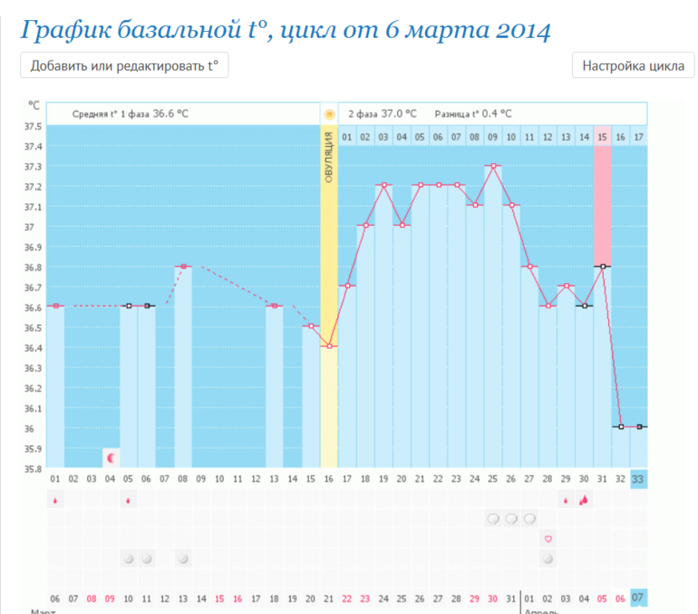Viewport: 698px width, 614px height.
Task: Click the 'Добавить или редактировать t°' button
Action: click(x=124, y=66)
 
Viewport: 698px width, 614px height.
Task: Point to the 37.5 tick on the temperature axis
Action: click(x=33, y=126)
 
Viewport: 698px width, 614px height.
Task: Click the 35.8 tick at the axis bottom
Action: click(x=33, y=469)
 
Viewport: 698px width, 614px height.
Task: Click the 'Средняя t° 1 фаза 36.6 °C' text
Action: click(x=131, y=113)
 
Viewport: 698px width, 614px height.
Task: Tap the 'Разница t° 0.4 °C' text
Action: click(x=473, y=113)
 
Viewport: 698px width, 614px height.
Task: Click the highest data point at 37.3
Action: click(x=493, y=166)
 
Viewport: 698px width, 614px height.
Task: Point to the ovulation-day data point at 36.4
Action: click(x=329, y=346)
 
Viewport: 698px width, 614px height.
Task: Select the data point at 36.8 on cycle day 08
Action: click(x=183, y=267)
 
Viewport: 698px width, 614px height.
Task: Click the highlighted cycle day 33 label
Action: click(x=639, y=480)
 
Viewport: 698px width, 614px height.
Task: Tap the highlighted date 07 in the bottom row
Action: click(x=639, y=599)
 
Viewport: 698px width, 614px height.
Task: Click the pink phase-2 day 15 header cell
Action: click(x=602, y=136)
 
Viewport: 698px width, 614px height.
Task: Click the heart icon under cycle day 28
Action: click(x=548, y=539)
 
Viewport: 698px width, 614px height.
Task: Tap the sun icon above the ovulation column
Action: click(x=329, y=114)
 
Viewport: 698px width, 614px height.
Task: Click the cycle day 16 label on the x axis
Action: click(x=329, y=480)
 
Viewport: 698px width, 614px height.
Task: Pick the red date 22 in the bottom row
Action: click(x=347, y=599)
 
